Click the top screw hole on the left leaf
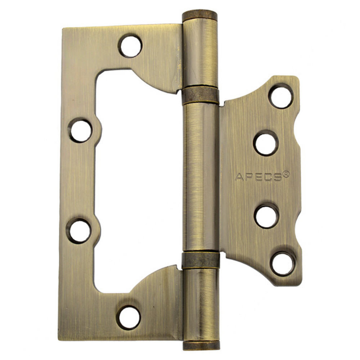pyautogui.click(x=131, y=46)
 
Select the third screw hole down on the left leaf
pyautogui.click(x=80, y=231)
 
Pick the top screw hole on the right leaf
pyautogui.click(x=282, y=96)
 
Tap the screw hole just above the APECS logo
pyautogui.click(x=266, y=143)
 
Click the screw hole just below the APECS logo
pyautogui.click(x=267, y=216)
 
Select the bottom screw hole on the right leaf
pyautogui.click(x=283, y=264)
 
